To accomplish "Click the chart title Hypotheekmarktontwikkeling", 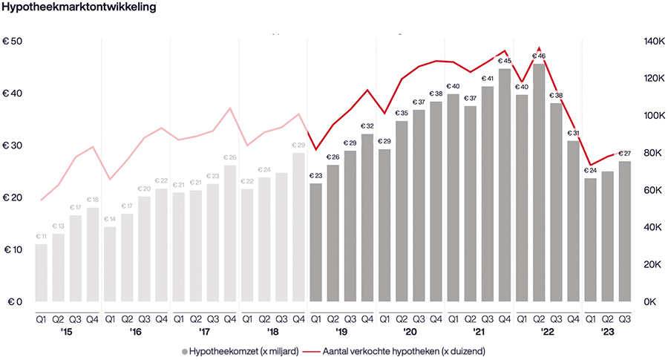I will (x=79, y=9).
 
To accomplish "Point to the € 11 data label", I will (x=42, y=236).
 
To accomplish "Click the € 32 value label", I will (x=367, y=126).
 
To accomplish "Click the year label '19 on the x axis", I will (x=341, y=333).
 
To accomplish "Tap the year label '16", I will (x=136, y=333).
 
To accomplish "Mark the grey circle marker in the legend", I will (x=185, y=350).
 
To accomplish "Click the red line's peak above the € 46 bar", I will (x=540, y=48).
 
